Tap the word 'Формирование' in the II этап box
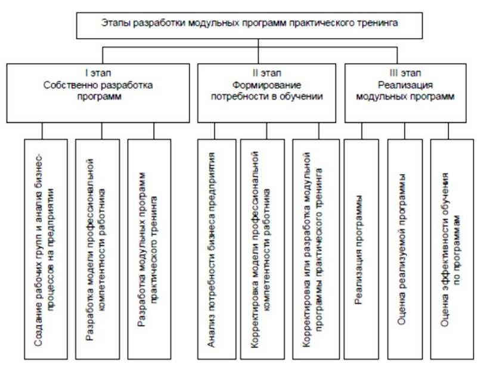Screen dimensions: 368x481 264,86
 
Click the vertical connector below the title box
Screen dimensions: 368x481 257,47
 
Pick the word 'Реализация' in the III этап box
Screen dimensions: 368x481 408,86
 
